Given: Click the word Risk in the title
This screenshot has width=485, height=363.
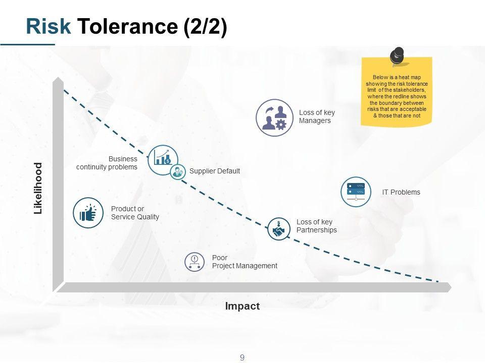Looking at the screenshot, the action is pos(48,27).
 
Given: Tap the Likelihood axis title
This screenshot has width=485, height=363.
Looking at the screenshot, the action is pos(38,189).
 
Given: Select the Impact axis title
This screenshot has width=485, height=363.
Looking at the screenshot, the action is pos(243,306).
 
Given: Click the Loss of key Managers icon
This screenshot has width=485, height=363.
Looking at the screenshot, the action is pos(274,117).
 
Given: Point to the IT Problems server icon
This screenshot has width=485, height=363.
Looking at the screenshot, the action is pos(356,192).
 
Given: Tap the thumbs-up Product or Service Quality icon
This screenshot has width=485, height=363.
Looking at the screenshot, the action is pos(88,213).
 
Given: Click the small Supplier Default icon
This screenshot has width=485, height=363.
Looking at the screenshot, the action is pos(178,172).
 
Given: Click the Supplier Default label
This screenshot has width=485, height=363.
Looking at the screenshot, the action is pos(214,171).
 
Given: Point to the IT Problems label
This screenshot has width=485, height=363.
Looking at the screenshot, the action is pos(401,192).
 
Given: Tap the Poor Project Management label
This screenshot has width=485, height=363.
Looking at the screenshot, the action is pos(245,262).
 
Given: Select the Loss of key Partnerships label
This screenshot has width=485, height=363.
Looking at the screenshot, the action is pos(316,226).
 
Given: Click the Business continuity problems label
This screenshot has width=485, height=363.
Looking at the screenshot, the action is pos(107,163).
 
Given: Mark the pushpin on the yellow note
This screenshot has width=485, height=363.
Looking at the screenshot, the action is pos(398,55).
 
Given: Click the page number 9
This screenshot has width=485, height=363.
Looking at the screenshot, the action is pos(243,357).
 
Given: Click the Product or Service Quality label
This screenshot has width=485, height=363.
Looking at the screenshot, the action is pos(135,213).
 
